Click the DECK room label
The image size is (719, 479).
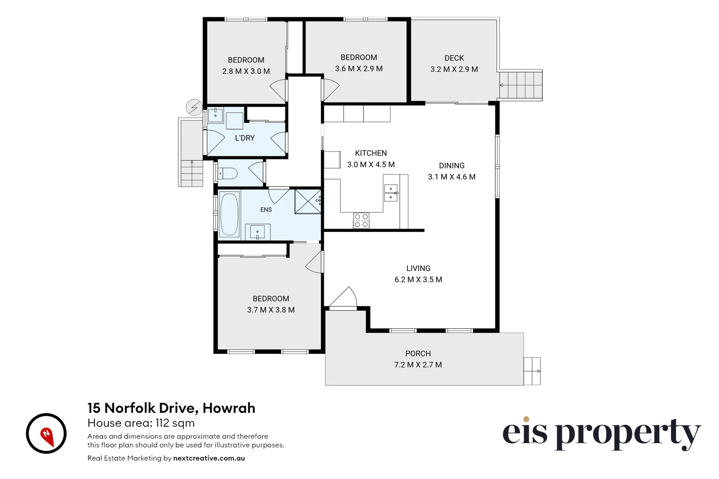point(454,58)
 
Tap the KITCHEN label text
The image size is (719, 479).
point(371,153)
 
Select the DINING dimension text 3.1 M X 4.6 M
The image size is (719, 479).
point(452,177)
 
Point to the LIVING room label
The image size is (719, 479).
point(418,268)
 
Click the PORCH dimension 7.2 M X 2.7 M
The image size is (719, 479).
point(418,365)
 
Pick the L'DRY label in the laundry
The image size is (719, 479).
point(245,138)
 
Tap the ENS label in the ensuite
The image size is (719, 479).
point(266,209)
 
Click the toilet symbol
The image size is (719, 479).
point(228,173)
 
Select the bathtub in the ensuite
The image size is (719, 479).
point(229,214)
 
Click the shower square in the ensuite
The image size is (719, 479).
point(308,201)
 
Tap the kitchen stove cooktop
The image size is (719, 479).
point(361,221)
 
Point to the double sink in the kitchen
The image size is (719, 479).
point(391,193)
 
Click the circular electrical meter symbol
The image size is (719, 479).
point(194,107)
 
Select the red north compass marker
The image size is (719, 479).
point(47,437)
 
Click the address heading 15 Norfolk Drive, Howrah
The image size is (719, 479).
point(171,408)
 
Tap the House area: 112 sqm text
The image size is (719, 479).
point(141,423)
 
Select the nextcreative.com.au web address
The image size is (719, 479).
point(209,458)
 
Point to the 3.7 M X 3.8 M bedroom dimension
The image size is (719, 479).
point(271,310)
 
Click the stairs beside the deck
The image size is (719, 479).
point(521,85)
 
